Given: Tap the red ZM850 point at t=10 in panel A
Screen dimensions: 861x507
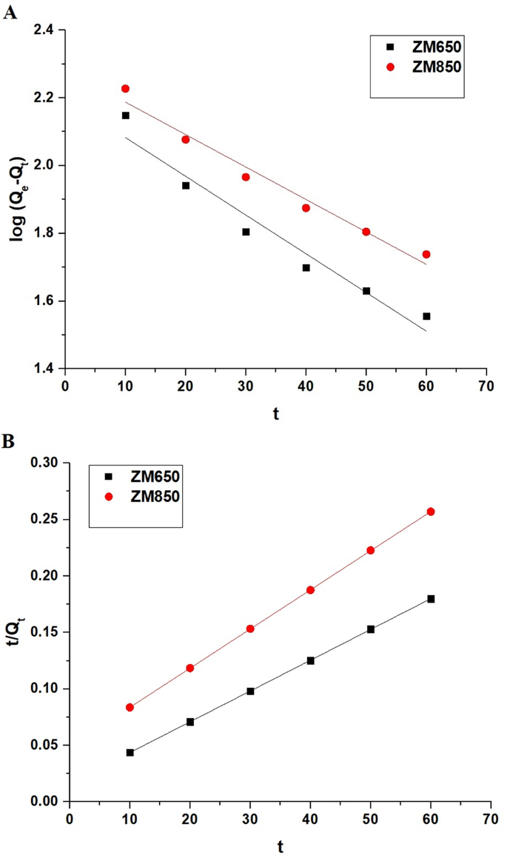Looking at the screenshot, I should pyautogui.click(x=125, y=89).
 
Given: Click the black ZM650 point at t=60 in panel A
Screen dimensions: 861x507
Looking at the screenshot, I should pyautogui.click(x=426, y=316).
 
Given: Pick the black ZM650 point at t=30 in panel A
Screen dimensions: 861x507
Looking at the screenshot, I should pyautogui.click(x=246, y=232).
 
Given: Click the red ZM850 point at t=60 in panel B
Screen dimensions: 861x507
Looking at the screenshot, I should pyautogui.click(x=431, y=512).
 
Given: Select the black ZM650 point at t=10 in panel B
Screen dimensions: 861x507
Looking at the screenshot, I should pyautogui.click(x=130, y=752).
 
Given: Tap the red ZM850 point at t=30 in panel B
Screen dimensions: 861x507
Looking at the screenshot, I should pyautogui.click(x=250, y=629).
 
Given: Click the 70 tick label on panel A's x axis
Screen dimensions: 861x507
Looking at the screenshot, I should pyautogui.click(x=486, y=385).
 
